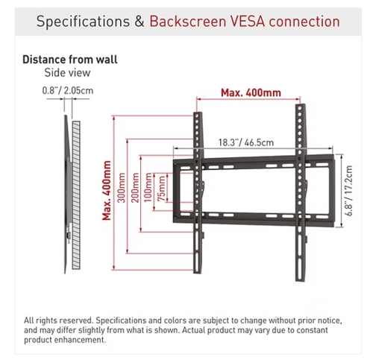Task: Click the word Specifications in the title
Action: click(x=83, y=22)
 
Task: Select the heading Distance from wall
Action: click(x=70, y=60)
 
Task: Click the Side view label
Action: click(x=67, y=73)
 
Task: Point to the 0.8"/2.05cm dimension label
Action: click(x=68, y=90)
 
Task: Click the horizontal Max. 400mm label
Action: click(x=251, y=92)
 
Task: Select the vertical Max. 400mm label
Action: click(x=107, y=191)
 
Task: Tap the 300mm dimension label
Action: click(x=122, y=188)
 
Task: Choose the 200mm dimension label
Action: click(x=135, y=188)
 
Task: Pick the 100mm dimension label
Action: click(x=148, y=188)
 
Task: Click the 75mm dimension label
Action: click(x=162, y=189)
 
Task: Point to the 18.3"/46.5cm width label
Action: click(x=246, y=142)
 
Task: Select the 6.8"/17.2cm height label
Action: click(x=349, y=191)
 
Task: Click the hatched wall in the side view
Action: click(x=76, y=195)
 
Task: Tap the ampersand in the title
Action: click(x=140, y=22)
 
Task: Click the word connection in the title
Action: click(x=304, y=22)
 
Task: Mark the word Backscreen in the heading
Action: click(x=188, y=22)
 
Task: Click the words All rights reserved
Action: click(x=58, y=320)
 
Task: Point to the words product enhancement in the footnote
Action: click(x=65, y=340)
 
